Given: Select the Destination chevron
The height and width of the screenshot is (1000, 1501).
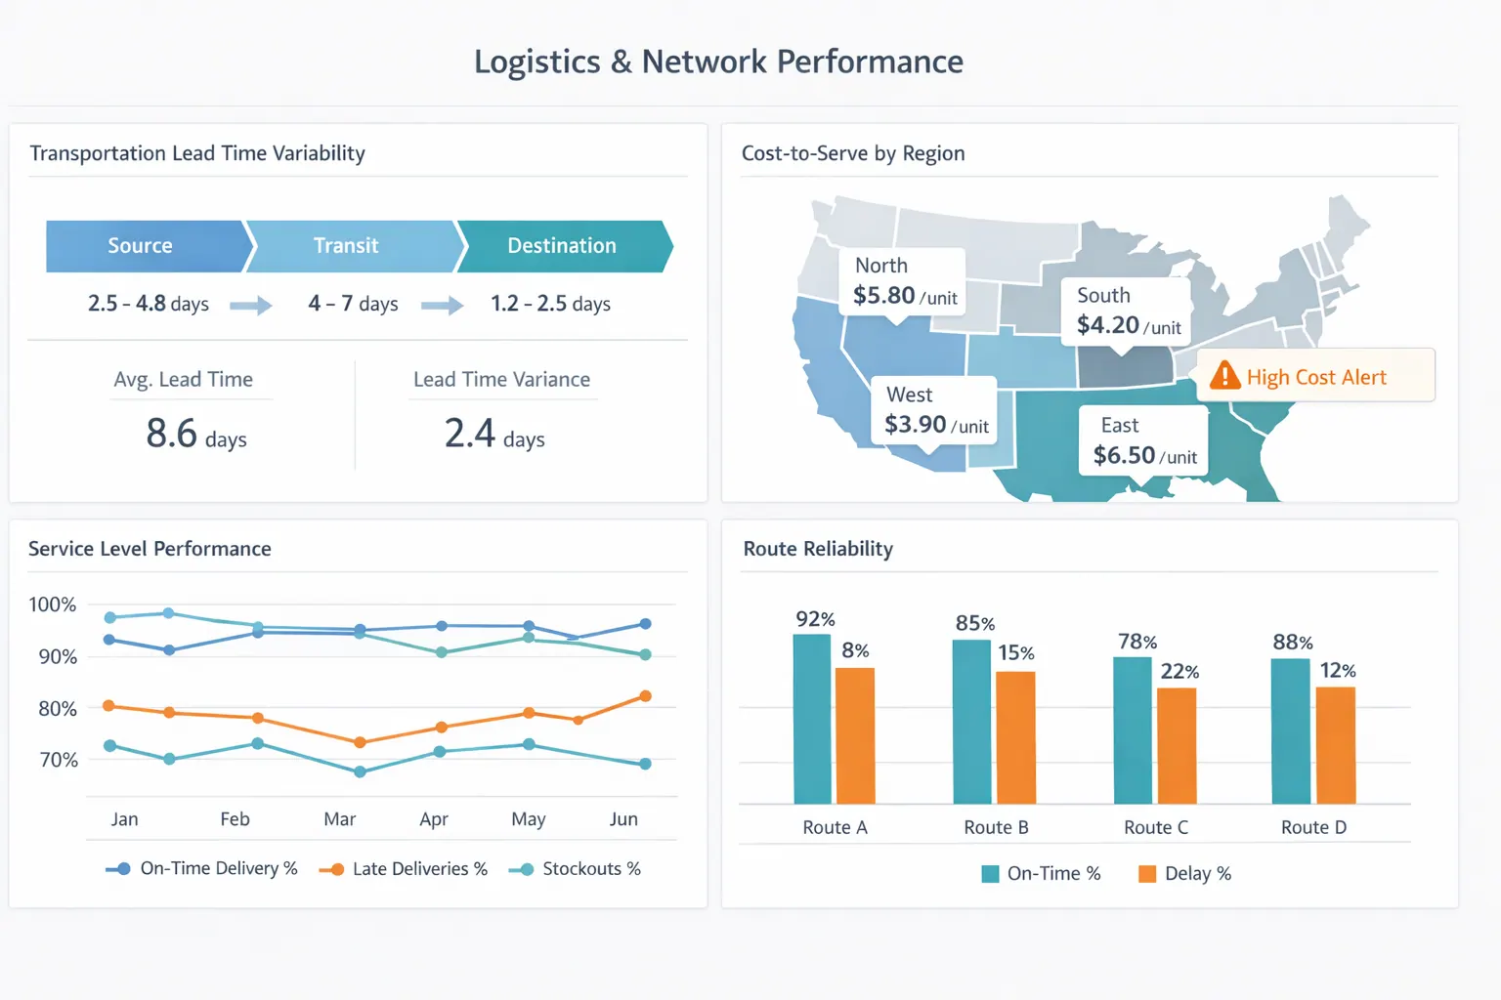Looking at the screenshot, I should click(x=562, y=246).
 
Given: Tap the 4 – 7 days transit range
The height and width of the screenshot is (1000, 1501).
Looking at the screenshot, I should click(x=353, y=304).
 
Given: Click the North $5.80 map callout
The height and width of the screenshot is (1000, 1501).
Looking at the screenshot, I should click(x=903, y=281).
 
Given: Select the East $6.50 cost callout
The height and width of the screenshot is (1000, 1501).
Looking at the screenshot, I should click(x=1143, y=441).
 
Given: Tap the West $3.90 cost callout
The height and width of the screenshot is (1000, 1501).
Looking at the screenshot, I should click(x=934, y=410).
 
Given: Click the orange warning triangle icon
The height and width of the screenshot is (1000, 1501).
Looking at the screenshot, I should click(x=1224, y=376).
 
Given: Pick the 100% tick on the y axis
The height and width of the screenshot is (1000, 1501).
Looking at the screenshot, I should click(x=53, y=604).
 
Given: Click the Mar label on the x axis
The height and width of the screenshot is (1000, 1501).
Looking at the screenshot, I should click(x=339, y=819).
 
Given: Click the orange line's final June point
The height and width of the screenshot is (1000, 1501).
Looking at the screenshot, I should click(x=645, y=696).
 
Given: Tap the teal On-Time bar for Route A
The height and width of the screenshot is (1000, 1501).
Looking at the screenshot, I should click(x=812, y=719).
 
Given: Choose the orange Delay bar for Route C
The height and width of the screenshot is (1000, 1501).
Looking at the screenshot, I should click(x=1177, y=745).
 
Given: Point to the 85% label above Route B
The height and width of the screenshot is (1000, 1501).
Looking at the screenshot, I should click(x=975, y=623).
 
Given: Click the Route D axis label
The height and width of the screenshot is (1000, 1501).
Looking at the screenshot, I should click(x=1313, y=827).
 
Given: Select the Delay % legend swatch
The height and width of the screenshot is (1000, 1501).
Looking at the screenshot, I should click(x=1147, y=874).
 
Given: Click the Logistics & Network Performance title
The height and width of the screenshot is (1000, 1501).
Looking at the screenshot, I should click(x=718, y=62).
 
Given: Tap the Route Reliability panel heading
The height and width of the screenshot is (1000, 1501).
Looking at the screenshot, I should click(x=818, y=549).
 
